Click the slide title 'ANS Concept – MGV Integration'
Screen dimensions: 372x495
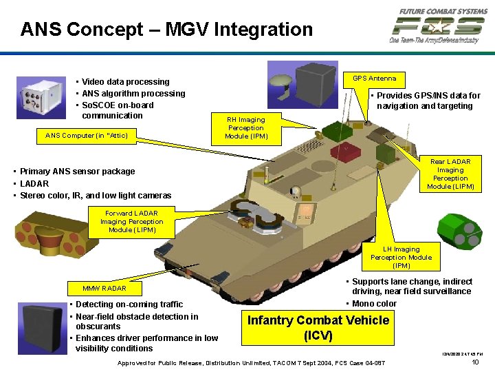coord(166,30)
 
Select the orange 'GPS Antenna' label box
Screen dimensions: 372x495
coord(374,79)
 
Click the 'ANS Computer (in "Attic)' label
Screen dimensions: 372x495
coord(87,136)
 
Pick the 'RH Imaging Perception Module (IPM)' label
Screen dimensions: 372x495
coord(245,128)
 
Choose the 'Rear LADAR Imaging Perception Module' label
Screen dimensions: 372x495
coord(450,174)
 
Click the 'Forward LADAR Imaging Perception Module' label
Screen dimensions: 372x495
coord(131,222)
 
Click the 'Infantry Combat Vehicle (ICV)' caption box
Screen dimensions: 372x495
coord(318,328)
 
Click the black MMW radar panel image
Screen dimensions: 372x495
coord(45,328)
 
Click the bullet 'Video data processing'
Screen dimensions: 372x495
coord(125,82)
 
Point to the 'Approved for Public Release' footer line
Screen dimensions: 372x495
coord(251,362)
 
